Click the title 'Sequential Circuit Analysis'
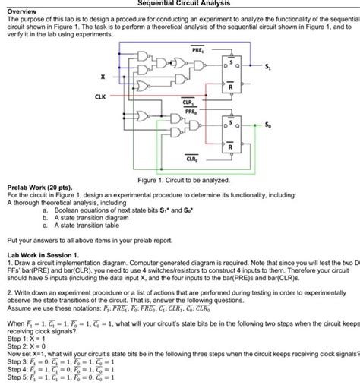pos(179,4)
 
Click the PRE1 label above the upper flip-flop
pos(197,47)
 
